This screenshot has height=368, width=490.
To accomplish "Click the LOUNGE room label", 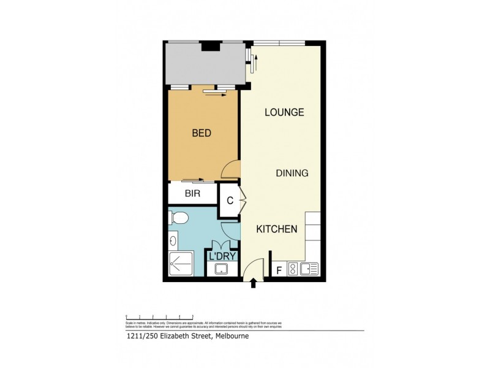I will point(284,112).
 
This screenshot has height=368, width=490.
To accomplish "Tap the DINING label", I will point(292,173).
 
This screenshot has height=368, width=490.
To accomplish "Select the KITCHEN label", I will point(276,229).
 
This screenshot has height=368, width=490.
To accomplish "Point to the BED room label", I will point(202,133).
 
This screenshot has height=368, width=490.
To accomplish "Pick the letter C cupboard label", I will point(230,201).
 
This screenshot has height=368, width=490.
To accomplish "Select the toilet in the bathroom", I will point(178,218).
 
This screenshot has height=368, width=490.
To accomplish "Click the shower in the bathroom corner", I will point(181,263).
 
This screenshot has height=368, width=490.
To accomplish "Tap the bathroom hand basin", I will point(173,240).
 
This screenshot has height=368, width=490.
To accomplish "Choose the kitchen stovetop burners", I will point(293,268).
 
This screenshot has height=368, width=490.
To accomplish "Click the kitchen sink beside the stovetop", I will point(309,268).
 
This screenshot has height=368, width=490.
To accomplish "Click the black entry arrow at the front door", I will point(254,283).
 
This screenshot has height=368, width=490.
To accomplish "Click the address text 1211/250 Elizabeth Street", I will point(165,336).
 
